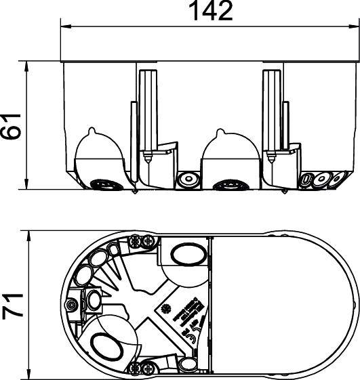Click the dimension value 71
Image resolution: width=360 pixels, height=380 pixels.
[x=13, y=305]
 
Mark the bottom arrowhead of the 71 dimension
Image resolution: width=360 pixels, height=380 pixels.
[x=31, y=375]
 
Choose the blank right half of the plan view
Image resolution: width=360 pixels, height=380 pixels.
[x=285, y=305]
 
